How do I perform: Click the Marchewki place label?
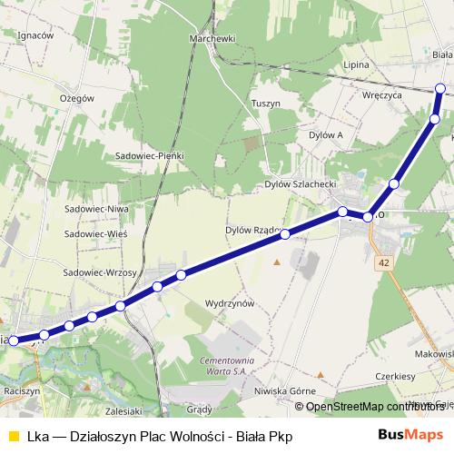click(213, 39)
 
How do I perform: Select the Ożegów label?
click(76, 97)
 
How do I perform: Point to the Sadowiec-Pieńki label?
click(150, 155)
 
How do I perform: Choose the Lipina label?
click(357, 65)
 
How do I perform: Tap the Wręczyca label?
click(380, 94)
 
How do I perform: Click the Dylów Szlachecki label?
click(301, 183)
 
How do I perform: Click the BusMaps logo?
click(412, 435)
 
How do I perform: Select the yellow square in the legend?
click(13, 436)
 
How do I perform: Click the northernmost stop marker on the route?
click(440, 88)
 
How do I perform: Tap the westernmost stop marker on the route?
click(14, 341)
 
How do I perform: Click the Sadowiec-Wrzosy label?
click(100, 271)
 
